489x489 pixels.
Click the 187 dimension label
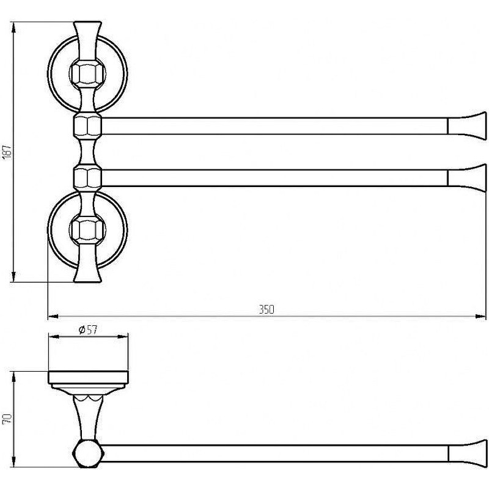coord(7,151)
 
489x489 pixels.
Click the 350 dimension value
coord(267,309)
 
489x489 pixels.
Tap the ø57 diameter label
coord(88,329)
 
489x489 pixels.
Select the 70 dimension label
coord(7,419)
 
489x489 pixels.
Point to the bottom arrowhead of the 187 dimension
coord(13,277)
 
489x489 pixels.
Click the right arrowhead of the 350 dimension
coord(480,317)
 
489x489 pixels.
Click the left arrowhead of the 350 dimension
coord(53,317)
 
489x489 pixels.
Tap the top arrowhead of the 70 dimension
coord(13,377)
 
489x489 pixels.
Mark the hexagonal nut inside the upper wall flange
coord(87,73)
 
